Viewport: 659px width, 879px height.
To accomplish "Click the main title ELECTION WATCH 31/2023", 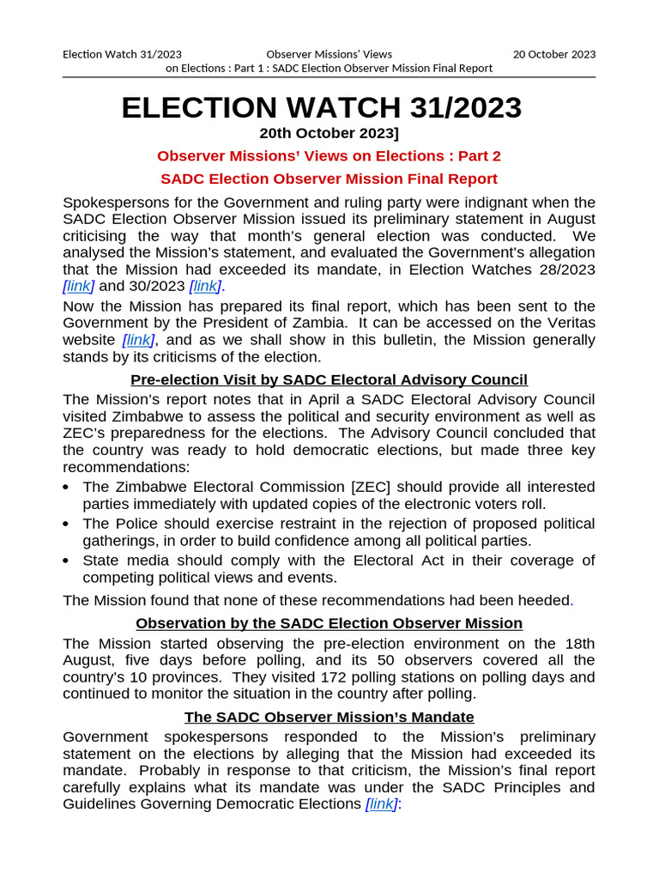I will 321,108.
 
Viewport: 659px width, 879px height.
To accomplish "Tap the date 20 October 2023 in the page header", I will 553,54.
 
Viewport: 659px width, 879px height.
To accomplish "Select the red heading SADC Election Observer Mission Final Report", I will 329,179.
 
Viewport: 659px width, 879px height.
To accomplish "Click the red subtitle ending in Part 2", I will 329,156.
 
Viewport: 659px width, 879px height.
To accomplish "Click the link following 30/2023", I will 205,286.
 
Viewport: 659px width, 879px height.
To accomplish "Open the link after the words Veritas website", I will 138,341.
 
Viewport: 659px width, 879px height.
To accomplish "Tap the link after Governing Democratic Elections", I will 380,804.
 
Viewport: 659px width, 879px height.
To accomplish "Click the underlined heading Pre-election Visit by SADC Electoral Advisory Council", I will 329,380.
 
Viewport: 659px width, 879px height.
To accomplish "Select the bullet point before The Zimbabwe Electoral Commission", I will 68,488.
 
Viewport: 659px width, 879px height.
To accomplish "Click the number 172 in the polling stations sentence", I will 321,677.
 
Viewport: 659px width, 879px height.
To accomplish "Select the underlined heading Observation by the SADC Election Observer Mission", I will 329,623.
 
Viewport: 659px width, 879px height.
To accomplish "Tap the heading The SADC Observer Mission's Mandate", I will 329,717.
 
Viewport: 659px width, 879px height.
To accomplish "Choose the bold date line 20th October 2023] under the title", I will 329,133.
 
